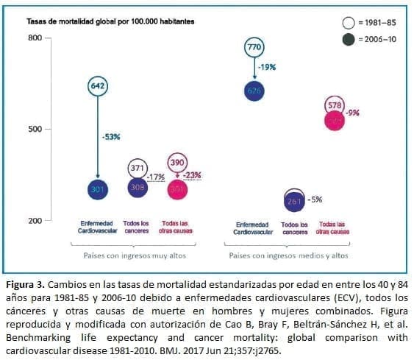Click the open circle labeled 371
[x=138, y=169]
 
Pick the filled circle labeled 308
[x=138, y=188]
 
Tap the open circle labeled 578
[x=335, y=105]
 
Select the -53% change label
[x=110, y=136]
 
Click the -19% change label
[x=266, y=67]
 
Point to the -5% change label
[x=314, y=200]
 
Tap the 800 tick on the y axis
[x=35, y=38]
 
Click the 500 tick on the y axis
[x=35, y=129]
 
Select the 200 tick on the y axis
[x=35, y=220]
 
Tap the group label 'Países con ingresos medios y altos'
[x=288, y=255]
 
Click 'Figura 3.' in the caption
[x=26, y=283]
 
